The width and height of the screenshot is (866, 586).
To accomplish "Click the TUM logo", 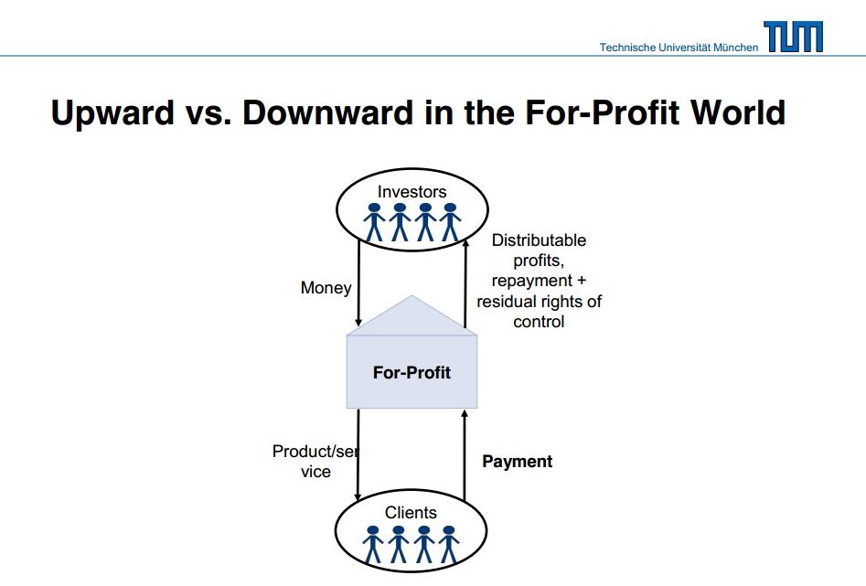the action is [x=793, y=37].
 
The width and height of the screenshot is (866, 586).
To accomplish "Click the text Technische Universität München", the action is [x=679, y=48].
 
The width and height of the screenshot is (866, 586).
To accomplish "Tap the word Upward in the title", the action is [x=112, y=113].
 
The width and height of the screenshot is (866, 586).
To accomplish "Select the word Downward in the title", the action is [x=327, y=112].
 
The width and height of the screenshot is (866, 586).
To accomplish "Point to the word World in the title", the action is [x=738, y=112].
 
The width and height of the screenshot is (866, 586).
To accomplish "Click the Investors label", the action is [x=412, y=192].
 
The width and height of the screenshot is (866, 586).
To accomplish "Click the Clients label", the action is [x=411, y=513].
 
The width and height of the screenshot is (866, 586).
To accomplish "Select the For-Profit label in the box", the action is [x=412, y=372].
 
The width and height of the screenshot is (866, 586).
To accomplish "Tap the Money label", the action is [x=326, y=288].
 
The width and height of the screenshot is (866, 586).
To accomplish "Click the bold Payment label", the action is [x=517, y=462].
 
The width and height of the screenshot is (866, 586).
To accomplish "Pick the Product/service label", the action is [x=315, y=461].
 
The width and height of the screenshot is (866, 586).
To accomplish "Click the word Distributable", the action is [x=539, y=240].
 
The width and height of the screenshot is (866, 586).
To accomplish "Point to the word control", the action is [x=539, y=322].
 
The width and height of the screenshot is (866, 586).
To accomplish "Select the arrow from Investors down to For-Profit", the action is [x=358, y=282].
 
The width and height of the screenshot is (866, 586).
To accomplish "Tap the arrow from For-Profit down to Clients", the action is [x=358, y=455].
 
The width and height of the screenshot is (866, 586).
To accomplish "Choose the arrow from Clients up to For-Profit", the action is [x=465, y=455].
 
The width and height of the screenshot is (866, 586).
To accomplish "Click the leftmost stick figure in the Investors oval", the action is [x=374, y=222].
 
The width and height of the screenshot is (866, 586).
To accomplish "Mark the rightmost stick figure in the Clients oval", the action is [x=449, y=545].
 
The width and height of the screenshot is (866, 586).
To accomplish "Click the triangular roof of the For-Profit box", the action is [x=412, y=316].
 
